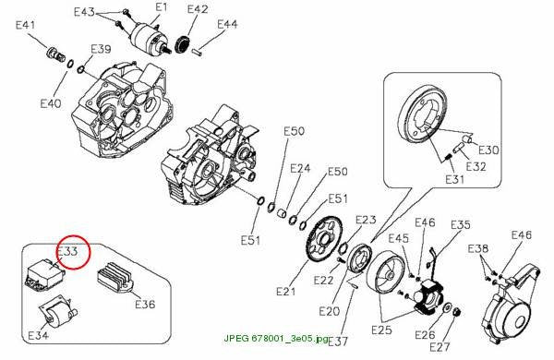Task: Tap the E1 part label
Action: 162,7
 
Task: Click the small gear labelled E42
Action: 183,44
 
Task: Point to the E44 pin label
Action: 227,24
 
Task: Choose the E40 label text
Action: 51,103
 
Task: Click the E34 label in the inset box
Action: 38,335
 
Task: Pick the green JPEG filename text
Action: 275,338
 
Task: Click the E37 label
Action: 338,342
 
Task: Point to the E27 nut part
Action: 455,312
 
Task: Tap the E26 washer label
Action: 425,334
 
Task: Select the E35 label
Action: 461,224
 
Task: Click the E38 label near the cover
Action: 477,248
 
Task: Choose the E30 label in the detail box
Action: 488,150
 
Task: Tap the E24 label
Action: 300,169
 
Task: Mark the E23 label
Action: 366,220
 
